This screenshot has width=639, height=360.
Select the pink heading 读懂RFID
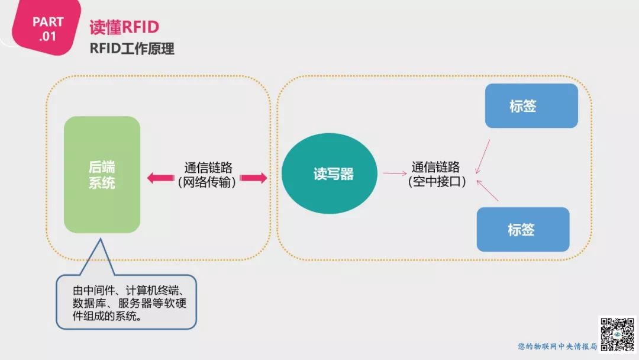(x=124, y=27)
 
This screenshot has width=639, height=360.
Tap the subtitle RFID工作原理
(x=132, y=49)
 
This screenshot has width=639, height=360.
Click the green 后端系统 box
(x=102, y=175)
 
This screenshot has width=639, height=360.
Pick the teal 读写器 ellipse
(x=333, y=174)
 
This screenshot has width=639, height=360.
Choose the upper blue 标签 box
(x=531, y=106)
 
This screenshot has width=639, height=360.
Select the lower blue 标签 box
(x=522, y=230)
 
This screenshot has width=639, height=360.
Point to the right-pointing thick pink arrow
(x=254, y=178)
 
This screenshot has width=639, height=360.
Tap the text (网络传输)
(x=207, y=183)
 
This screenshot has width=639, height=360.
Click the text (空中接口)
(x=437, y=182)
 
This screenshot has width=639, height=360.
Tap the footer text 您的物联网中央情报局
(x=557, y=346)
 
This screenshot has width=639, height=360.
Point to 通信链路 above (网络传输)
(x=208, y=168)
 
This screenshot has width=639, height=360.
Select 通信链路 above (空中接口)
(x=436, y=168)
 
